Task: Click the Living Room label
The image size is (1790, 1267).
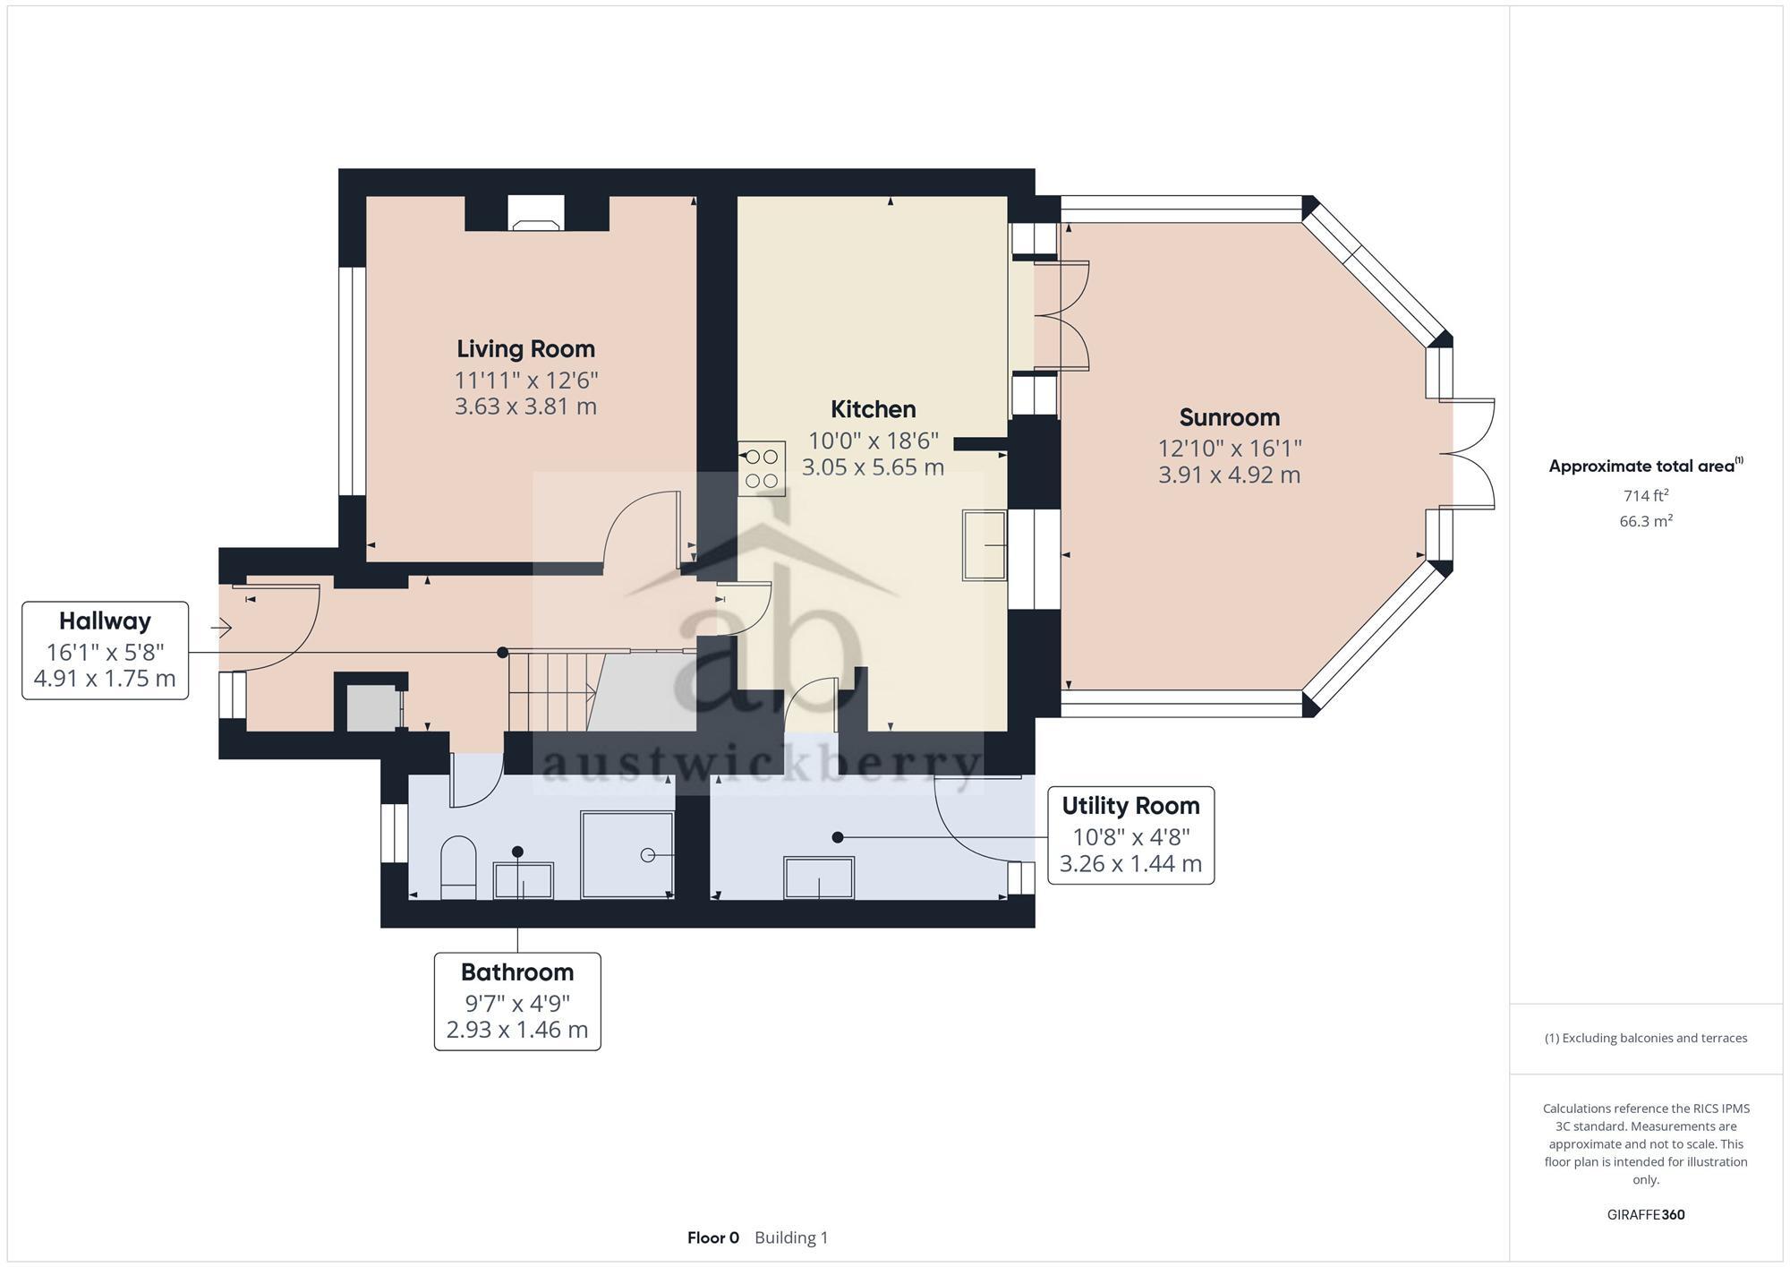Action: click(x=525, y=348)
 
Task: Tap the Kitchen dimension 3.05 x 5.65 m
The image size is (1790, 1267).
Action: click(x=873, y=467)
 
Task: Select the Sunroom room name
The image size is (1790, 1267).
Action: click(x=1229, y=417)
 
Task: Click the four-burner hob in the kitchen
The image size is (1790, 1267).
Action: click(x=762, y=468)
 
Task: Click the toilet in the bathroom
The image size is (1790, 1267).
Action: click(x=458, y=866)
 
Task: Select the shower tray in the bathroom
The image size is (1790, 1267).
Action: click(x=626, y=854)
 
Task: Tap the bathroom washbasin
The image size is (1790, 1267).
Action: click(x=524, y=880)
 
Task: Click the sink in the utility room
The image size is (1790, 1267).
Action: click(x=819, y=877)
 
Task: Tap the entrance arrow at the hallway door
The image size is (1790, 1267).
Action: click(x=222, y=628)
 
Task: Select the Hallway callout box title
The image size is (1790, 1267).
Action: click(x=105, y=621)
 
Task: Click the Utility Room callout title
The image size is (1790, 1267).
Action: click(x=1130, y=806)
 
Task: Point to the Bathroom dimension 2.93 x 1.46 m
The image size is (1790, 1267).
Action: click(x=517, y=1030)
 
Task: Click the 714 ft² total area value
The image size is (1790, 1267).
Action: click(x=1645, y=495)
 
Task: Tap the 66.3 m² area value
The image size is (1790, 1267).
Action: click(x=1645, y=521)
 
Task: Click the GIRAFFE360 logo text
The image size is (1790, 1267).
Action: click(x=1645, y=1215)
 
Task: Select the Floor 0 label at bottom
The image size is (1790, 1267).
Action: click(x=713, y=1237)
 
